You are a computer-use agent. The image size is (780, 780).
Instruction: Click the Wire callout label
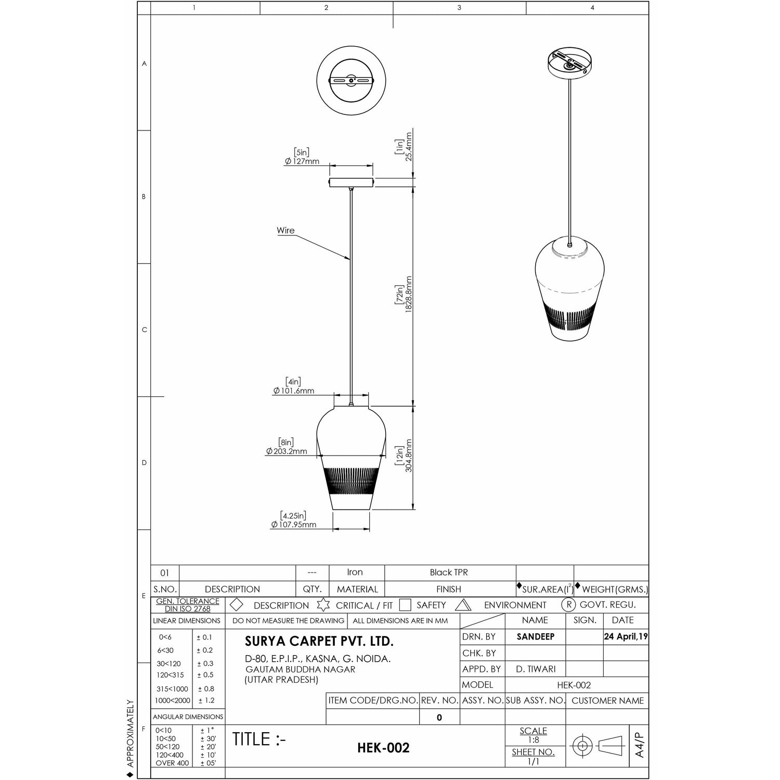pyautogui.click(x=285, y=230)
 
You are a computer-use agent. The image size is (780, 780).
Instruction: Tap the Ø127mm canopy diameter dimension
pyautogui.click(x=302, y=161)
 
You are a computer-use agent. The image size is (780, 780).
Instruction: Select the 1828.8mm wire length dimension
pyautogui.click(x=409, y=294)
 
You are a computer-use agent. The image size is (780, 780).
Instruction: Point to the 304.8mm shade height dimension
pyautogui.click(x=409, y=456)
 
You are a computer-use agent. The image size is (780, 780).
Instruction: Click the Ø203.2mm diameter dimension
pyautogui.click(x=287, y=451)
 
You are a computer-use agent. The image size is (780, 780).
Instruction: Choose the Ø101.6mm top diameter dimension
pyautogui.click(x=294, y=391)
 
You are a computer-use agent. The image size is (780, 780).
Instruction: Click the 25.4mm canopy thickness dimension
pyautogui.click(x=409, y=146)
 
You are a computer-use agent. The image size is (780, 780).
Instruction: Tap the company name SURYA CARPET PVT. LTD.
pyautogui.click(x=319, y=641)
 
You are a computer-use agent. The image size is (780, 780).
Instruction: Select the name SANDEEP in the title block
pyautogui.click(x=536, y=636)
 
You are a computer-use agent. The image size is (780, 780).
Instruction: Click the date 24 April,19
pyautogui.click(x=626, y=636)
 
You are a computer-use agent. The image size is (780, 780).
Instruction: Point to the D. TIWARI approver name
pyautogui.click(x=536, y=669)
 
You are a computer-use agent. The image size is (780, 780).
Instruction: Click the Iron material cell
pyautogui.click(x=355, y=572)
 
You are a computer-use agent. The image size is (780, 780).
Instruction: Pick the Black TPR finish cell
pyautogui.click(x=449, y=572)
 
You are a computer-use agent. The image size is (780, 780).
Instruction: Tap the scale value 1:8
pyautogui.click(x=534, y=740)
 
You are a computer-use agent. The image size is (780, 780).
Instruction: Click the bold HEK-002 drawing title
pyautogui.click(x=383, y=748)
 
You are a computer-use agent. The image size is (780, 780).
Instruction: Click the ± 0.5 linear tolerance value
pyautogui.click(x=205, y=675)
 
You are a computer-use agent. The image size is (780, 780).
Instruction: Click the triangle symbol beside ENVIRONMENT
pyautogui.click(x=463, y=605)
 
